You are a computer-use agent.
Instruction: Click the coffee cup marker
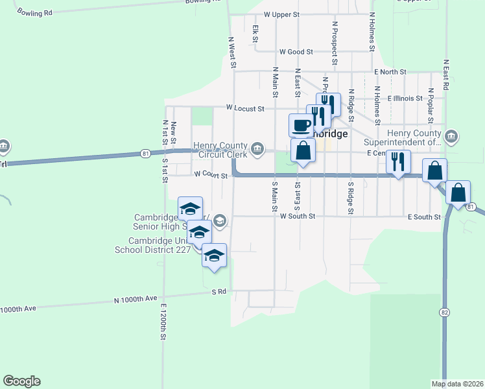click(301, 125)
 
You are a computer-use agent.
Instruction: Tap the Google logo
click(21, 381)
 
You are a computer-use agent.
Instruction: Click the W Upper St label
click(281, 14)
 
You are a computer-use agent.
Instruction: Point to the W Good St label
click(296, 52)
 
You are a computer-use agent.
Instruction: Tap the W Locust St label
click(245, 108)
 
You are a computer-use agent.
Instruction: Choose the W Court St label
click(211, 175)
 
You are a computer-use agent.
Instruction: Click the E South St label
click(424, 217)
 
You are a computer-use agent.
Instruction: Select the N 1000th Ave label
click(136, 300)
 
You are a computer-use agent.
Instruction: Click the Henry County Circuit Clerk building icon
click(258, 150)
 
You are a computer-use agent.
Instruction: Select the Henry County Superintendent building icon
click(452, 137)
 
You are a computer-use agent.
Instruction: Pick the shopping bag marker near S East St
click(303, 151)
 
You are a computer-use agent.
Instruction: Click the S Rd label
click(219, 292)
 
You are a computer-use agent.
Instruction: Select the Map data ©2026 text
click(457, 384)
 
